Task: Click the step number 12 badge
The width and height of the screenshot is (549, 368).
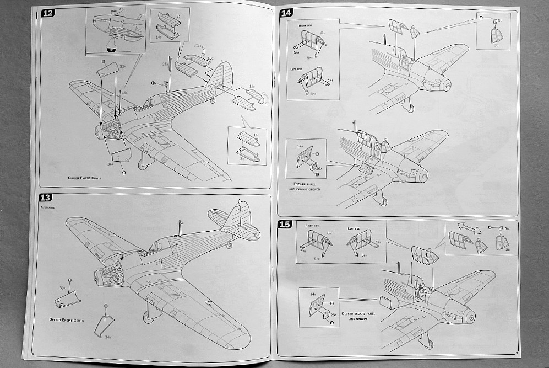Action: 48,13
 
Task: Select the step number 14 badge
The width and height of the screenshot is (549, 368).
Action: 286,13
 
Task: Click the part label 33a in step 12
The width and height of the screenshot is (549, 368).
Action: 122,67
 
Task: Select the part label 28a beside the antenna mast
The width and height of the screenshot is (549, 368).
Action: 165,64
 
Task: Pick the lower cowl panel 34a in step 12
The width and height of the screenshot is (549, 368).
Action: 121,156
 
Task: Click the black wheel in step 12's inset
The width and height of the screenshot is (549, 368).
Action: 112,49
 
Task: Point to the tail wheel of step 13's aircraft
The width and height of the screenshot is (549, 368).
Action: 229,244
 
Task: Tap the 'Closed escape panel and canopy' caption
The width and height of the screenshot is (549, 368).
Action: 360,316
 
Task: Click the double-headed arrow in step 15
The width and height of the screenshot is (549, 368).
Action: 469,227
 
